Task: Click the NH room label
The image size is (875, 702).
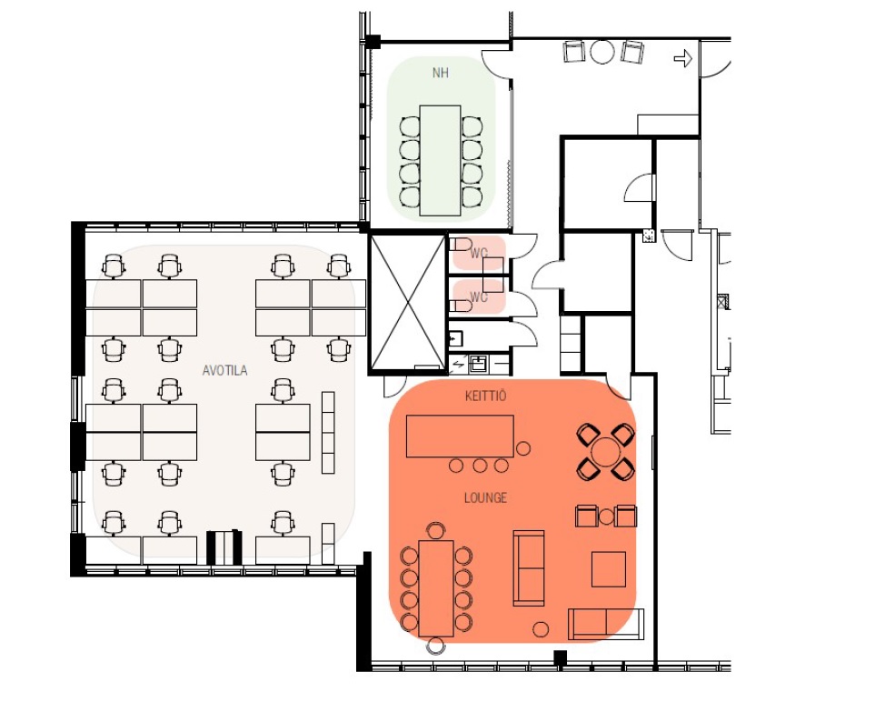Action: [x=441, y=73]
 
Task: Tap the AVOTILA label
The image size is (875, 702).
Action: [x=224, y=370]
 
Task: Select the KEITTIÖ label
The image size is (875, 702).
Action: [x=485, y=396]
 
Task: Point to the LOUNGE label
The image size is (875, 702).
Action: [x=485, y=497]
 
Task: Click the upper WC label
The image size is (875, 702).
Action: [x=479, y=254]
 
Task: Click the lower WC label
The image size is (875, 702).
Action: [x=479, y=297]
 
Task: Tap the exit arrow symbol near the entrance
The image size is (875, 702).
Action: [x=683, y=58]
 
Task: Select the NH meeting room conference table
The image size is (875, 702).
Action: [x=441, y=160]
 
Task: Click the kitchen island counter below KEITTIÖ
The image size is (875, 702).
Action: [x=460, y=436]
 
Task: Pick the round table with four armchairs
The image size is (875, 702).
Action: [x=605, y=452]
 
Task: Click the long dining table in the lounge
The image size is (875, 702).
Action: [x=436, y=588]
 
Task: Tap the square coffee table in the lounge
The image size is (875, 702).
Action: [x=608, y=569]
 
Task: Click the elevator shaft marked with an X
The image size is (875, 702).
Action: [x=409, y=302]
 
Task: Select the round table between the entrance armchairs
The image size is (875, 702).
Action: [x=602, y=53]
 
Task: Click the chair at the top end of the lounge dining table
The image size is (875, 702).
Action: [x=436, y=530]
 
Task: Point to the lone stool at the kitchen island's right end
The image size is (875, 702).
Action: [x=522, y=448]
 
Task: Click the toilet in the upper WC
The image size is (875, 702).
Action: [x=461, y=244]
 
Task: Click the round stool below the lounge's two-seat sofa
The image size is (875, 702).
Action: [x=541, y=629]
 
